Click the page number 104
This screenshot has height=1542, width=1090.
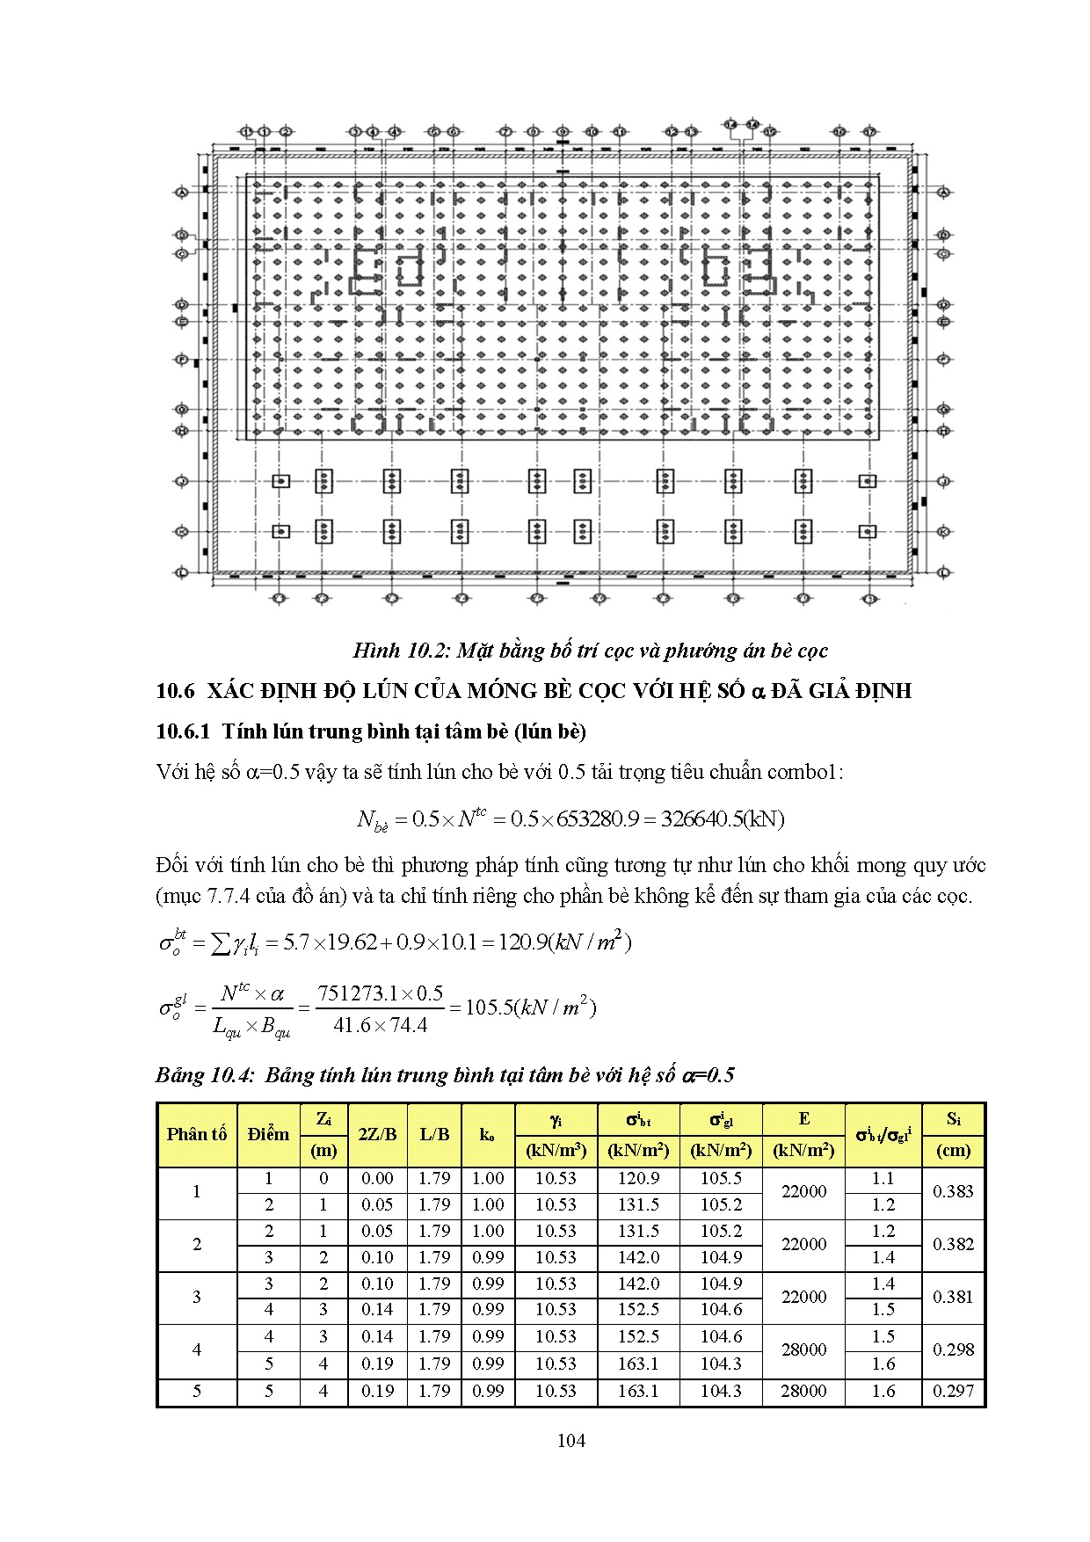571,1440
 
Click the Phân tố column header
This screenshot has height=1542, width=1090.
197,1134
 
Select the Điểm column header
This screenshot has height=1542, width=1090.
268,1134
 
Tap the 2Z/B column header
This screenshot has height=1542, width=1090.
377,1134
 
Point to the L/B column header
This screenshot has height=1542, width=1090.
434,1134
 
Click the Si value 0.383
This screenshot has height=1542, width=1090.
954,1191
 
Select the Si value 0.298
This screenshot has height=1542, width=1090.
954,1349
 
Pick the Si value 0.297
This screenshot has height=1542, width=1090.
954,1391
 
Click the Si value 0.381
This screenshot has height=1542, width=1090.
954,1297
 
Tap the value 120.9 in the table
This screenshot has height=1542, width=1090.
638,1178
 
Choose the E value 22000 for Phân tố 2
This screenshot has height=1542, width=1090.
804,1244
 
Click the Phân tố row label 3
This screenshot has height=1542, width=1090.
197,1297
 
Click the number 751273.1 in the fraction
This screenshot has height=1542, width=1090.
358,993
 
